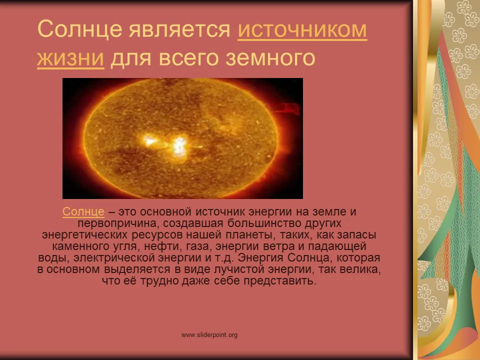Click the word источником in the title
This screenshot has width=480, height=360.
pyautogui.click(x=302, y=29)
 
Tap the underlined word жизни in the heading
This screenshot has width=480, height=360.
pyautogui.click(x=70, y=58)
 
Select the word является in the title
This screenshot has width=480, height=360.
pyautogui.click(x=179, y=30)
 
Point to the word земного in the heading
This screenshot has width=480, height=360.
pyautogui.click(x=270, y=58)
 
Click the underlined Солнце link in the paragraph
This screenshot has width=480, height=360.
pyautogui.click(x=83, y=211)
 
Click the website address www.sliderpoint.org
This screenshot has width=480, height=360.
pyautogui.click(x=209, y=335)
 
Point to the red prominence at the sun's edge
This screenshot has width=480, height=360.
pyautogui.click(x=288, y=108)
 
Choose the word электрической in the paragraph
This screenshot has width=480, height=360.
pyautogui.click(x=115, y=258)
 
